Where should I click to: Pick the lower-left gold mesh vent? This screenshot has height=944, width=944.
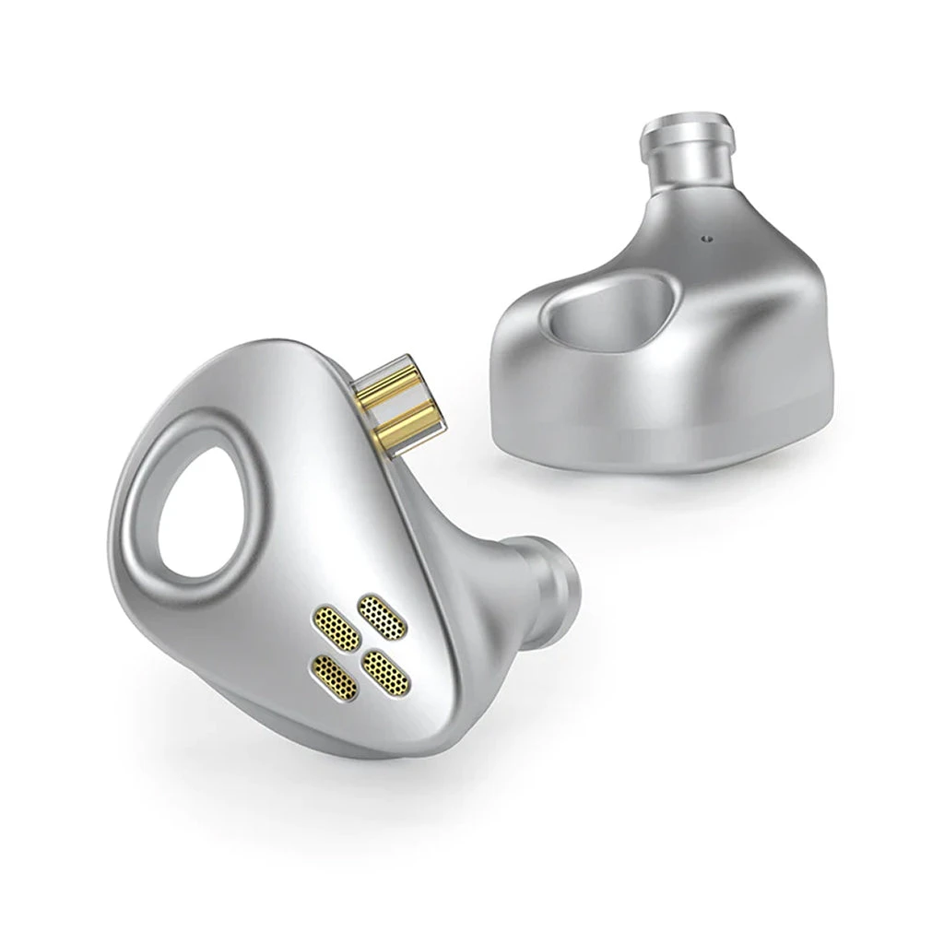[336, 674]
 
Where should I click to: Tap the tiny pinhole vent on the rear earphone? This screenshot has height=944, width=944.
[707, 237]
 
